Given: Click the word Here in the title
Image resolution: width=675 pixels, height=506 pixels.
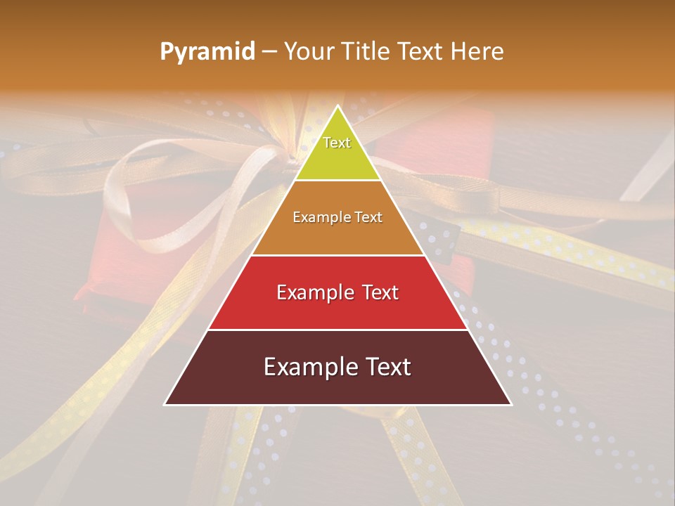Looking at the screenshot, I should coord(477,52).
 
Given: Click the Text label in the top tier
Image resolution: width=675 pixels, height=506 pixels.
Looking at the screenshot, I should coord(337,143).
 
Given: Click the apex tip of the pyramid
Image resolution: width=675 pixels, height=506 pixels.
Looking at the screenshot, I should coord(337,107).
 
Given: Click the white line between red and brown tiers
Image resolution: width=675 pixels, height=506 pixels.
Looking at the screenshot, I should coord(337,330).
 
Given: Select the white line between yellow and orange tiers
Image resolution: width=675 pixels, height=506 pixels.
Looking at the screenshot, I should coord(337,181).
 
